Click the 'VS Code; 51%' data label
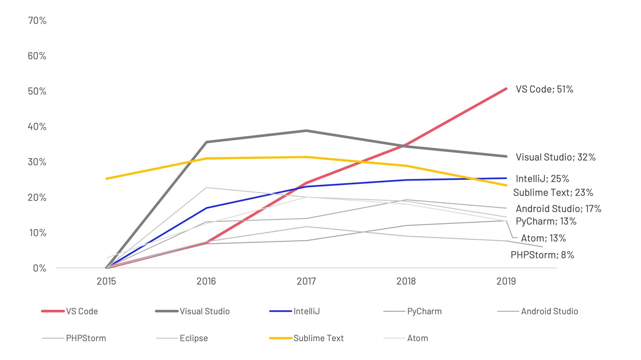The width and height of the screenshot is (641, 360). [x=544, y=89]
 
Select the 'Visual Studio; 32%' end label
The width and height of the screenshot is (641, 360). [x=555, y=157]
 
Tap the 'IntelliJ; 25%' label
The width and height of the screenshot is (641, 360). [x=542, y=179]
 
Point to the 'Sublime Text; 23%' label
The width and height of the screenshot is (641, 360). [x=553, y=192]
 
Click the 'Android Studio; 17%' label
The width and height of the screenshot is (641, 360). [x=558, y=209]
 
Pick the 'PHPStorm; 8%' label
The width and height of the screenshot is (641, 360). [x=542, y=255]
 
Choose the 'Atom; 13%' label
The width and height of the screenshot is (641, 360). [x=543, y=238]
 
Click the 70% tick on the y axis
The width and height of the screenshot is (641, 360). [x=37, y=21]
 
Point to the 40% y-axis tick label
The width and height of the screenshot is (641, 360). [x=37, y=127]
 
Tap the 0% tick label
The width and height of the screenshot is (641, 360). [x=39, y=268]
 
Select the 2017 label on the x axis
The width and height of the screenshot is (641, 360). [x=306, y=282]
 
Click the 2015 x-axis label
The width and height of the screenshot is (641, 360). [x=106, y=282]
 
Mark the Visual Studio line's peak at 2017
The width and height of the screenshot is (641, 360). [x=306, y=130]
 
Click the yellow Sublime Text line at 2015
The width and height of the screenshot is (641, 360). [x=107, y=179]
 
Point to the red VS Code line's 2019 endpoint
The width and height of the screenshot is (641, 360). [x=506, y=89]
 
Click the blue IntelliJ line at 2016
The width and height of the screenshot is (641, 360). [x=206, y=208]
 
